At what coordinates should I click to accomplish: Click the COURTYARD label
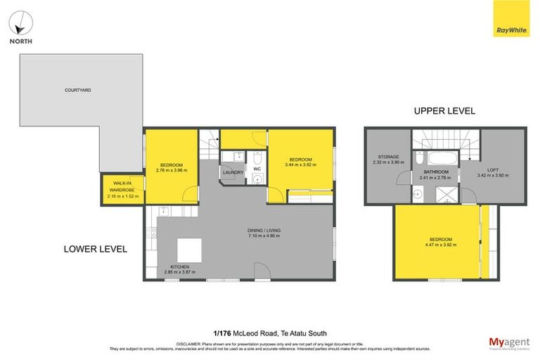77,90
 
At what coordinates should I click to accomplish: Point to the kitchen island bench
188,250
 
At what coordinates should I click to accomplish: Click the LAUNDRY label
233,172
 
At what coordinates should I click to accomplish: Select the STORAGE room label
388,157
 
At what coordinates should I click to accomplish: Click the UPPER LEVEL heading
444,110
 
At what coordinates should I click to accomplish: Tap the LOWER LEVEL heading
95,248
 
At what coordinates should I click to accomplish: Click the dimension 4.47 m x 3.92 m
441,245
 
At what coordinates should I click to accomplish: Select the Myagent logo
509,342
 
